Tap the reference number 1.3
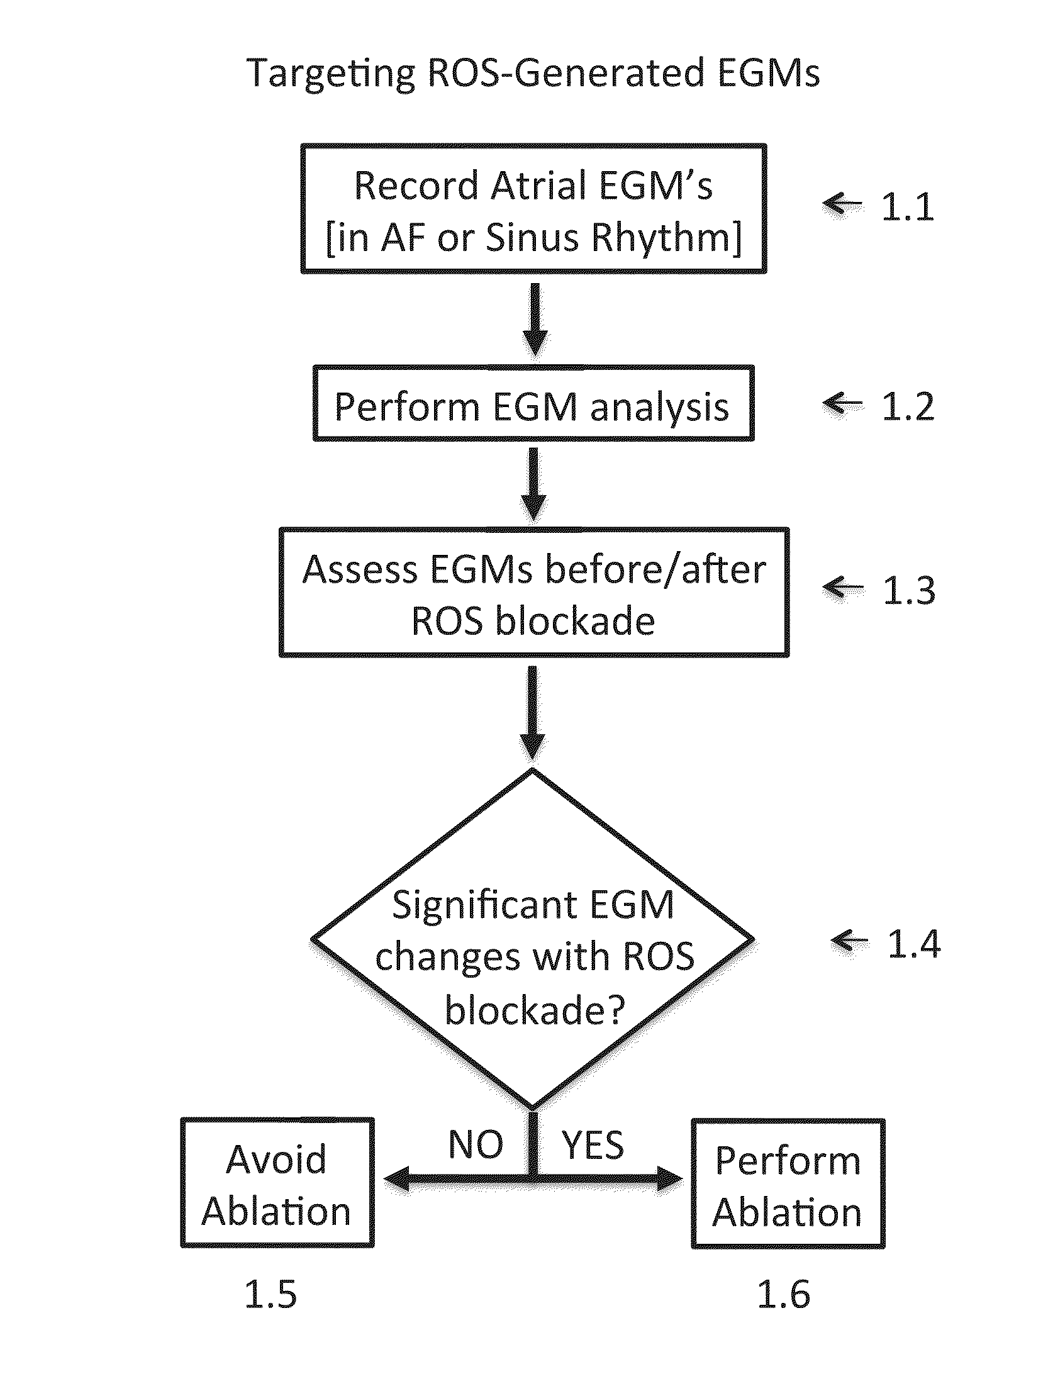coord(909,590)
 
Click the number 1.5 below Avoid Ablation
coord(270,1295)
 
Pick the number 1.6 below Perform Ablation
coord(783,1295)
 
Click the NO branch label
coord(476,1144)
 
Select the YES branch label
coord(593,1144)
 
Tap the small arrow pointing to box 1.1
coord(843,204)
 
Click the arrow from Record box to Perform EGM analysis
coord(533,320)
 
